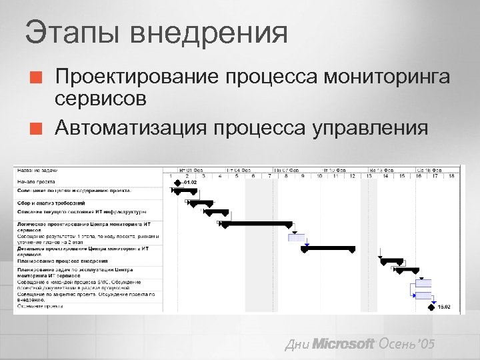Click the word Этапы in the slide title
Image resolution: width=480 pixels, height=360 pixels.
(x=70, y=33)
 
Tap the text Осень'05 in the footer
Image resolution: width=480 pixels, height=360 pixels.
(x=406, y=344)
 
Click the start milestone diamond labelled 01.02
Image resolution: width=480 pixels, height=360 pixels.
(x=178, y=181)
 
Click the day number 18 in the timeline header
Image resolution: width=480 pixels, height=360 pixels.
(x=451, y=175)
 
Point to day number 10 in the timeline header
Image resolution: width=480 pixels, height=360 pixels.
(x=319, y=175)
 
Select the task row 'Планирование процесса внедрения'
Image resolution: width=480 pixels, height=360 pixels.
(x=63, y=261)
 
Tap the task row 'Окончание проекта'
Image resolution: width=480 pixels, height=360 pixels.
(x=41, y=307)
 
